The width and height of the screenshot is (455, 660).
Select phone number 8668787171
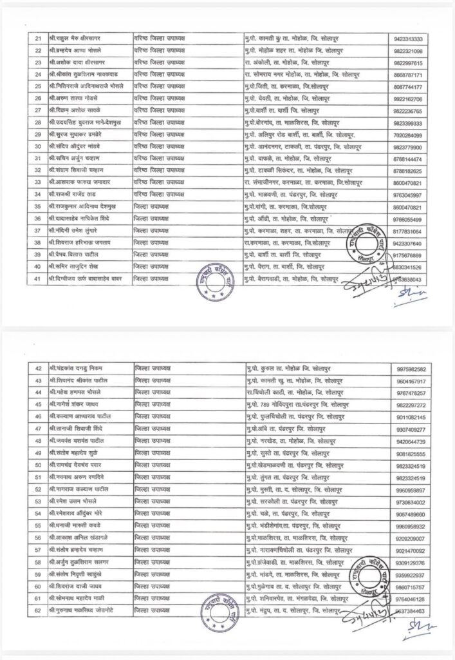point(409,75)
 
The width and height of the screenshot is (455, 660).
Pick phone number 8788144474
point(409,157)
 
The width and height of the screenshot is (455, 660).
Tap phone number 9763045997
point(409,192)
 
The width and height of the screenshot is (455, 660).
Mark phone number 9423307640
point(409,243)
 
